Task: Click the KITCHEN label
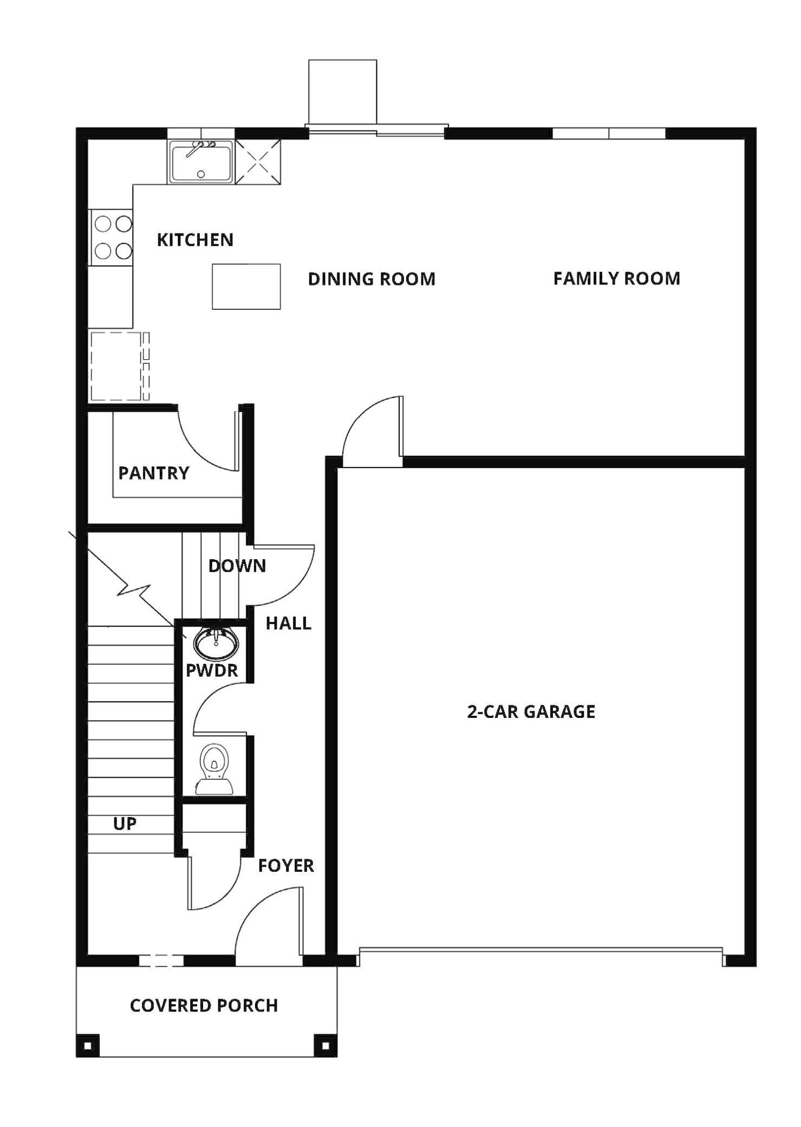(195, 239)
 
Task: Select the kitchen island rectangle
(246, 287)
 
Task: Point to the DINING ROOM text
(372, 279)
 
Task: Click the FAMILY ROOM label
(616, 278)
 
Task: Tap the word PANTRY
(154, 473)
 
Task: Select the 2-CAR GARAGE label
(531, 711)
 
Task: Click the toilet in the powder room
(214, 769)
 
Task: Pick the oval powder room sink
(216, 643)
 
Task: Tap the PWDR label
(212, 670)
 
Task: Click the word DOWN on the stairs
(237, 566)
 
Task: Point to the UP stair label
(125, 824)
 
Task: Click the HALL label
(288, 623)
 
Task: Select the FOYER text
(286, 865)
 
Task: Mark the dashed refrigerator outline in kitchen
(116, 366)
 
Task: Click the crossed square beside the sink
(258, 161)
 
